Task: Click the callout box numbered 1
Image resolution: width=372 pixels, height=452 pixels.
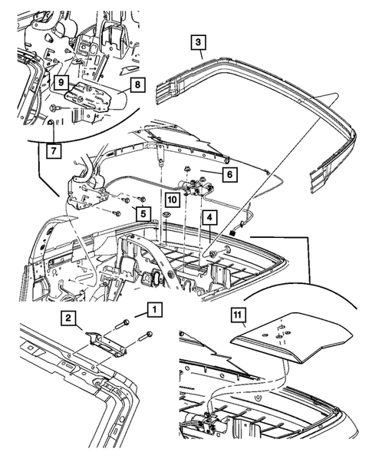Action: [x=154, y=310]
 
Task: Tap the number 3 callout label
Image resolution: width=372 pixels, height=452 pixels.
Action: [x=198, y=43]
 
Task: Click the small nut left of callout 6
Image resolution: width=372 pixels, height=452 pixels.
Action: [x=187, y=170]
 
